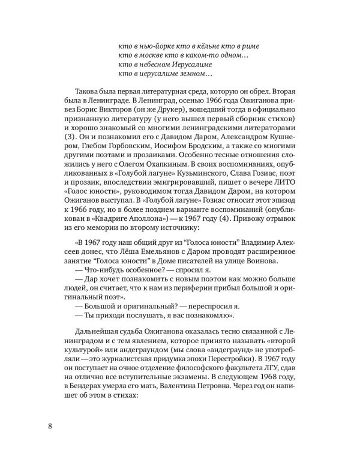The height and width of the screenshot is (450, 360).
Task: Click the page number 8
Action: click(x=50, y=427)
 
